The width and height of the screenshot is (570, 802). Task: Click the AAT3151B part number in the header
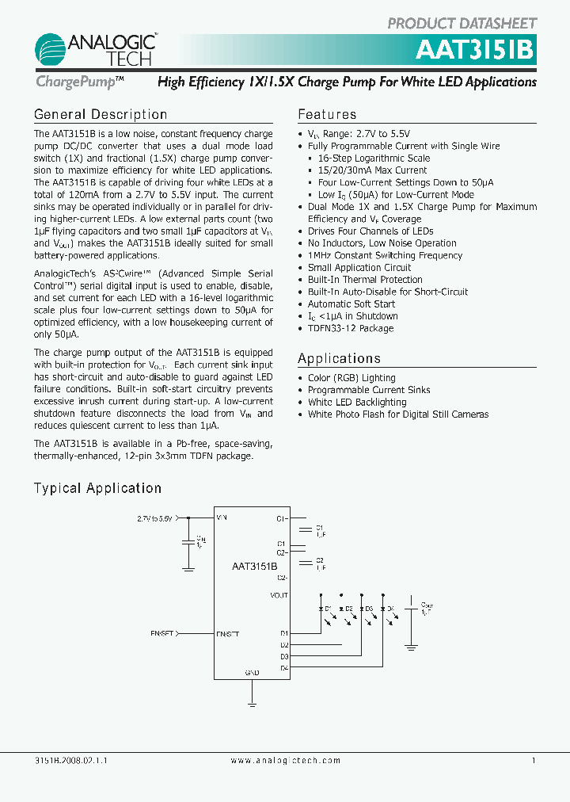click(475, 50)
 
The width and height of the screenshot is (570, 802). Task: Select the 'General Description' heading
click(101, 115)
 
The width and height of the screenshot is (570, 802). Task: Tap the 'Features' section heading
click(327, 115)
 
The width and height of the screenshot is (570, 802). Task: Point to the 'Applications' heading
click(339, 359)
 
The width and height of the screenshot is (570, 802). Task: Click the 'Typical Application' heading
click(97, 488)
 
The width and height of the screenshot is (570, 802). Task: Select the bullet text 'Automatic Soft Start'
click(351, 304)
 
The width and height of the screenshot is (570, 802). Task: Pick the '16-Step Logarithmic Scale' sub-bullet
click(374, 158)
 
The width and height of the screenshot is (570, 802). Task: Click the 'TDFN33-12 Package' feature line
click(350, 328)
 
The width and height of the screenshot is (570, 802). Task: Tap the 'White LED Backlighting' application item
click(357, 402)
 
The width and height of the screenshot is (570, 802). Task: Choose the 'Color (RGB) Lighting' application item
click(351, 378)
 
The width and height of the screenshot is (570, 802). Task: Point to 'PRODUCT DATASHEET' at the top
click(462, 24)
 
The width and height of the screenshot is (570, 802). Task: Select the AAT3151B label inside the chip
click(254, 567)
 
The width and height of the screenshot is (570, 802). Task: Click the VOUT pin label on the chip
click(279, 595)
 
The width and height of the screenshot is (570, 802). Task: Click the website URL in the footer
click(285, 760)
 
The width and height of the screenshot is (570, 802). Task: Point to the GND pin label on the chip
click(252, 672)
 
